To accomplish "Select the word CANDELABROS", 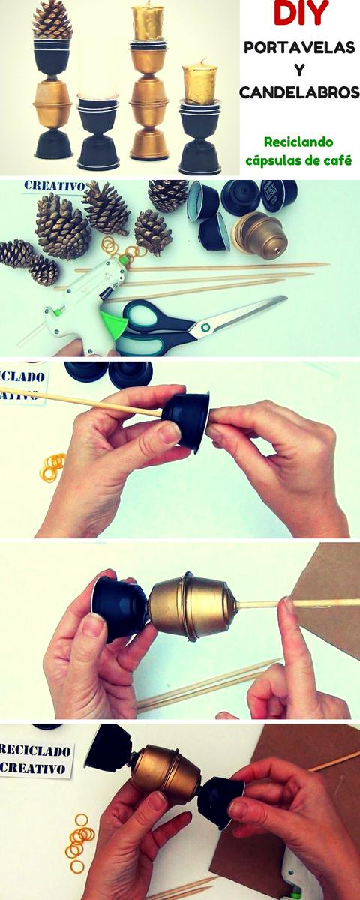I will pos(299,92).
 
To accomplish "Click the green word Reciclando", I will pos(298,142).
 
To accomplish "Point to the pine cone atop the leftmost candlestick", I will pos(52,20).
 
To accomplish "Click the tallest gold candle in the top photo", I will pos(148,22).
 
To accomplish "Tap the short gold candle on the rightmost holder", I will pos(199,82).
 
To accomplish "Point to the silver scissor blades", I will pos(240,316).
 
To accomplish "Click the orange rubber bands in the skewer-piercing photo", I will pos(53,467).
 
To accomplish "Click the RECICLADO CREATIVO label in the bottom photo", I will pos(36,758).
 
